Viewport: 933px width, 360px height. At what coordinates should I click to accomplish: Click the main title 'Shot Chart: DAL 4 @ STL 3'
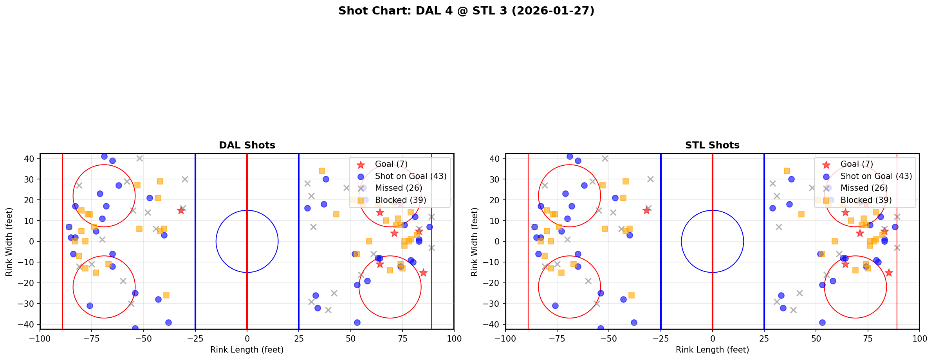coord(466,11)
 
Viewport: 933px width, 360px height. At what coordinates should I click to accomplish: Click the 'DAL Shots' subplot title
coord(247,145)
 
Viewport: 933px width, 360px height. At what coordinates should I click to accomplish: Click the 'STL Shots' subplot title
coord(712,145)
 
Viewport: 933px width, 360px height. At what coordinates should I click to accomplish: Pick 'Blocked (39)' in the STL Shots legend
coord(866,200)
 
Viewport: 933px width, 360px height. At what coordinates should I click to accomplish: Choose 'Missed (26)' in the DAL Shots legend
coord(399,188)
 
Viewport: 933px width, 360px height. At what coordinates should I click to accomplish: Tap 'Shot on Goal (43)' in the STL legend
coord(876,176)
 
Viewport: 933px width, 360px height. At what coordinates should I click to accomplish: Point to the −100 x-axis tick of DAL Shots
coord(40,338)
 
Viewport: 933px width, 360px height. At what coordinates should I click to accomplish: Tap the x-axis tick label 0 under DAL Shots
coord(247,338)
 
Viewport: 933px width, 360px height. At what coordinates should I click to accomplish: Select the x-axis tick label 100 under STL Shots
coord(919,338)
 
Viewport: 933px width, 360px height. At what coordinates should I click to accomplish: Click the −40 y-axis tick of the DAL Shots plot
coord(29,324)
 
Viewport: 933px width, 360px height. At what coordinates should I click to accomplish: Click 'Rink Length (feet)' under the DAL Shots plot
coord(247,350)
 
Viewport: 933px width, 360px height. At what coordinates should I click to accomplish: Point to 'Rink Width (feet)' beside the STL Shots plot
coord(475,241)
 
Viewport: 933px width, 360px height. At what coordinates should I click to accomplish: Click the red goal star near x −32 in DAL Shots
coord(181,210)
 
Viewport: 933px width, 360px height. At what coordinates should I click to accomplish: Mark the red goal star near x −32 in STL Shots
coord(646,210)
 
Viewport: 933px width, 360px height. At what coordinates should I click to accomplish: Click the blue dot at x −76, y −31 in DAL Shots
coord(90,306)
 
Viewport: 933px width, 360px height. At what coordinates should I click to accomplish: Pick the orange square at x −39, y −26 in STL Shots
coord(632,295)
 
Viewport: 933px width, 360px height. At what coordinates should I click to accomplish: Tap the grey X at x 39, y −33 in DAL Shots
coord(328,310)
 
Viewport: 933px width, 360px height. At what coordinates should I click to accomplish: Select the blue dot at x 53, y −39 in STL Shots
coord(822,322)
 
